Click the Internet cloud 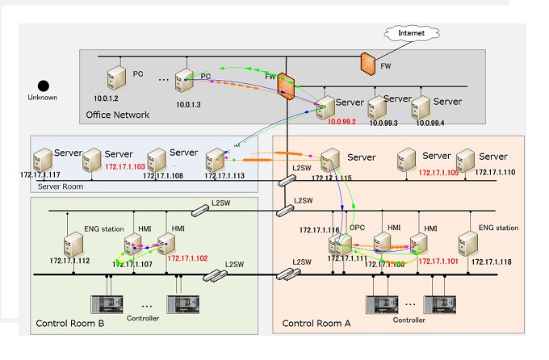pos(411,33)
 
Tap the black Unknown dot pos(44,85)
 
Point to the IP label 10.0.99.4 pos(430,123)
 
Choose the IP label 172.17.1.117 pos(39,174)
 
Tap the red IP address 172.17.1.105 pos(438,173)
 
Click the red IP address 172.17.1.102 pos(187,258)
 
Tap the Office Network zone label pos(118,115)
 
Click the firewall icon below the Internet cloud pos(368,61)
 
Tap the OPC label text pos(358,229)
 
